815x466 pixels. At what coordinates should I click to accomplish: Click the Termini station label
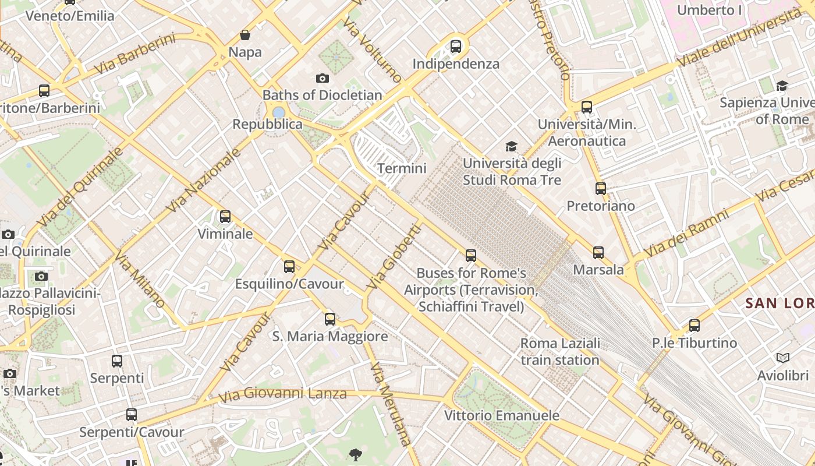coord(402,168)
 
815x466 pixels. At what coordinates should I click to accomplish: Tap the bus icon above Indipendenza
coord(456,46)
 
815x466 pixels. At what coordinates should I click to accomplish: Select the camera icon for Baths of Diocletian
coord(323,78)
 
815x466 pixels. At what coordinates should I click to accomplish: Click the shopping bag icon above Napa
coord(245,35)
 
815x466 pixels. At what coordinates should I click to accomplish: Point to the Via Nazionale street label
coord(204,180)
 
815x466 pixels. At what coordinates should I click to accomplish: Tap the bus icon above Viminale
coord(225,217)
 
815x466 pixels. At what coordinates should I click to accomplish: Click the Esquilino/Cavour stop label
coord(289,284)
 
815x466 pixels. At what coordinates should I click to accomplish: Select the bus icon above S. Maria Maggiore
coord(330,319)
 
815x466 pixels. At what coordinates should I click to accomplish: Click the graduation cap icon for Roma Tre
coord(511,146)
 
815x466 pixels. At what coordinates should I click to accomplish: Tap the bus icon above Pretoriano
coord(601,189)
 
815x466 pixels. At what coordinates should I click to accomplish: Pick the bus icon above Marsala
coord(598,253)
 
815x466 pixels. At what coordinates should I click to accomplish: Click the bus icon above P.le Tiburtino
coord(694,326)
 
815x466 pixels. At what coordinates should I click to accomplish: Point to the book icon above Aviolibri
coord(783,358)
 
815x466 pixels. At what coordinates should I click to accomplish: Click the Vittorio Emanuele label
coord(501,415)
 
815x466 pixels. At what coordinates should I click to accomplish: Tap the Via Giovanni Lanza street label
coord(282,394)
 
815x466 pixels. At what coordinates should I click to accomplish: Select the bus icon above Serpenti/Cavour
coord(132,415)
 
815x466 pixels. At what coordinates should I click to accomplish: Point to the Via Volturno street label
coord(373,50)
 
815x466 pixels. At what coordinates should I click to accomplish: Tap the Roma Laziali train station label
coord(560,352)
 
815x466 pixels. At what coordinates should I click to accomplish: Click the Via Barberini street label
coord(134,54)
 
